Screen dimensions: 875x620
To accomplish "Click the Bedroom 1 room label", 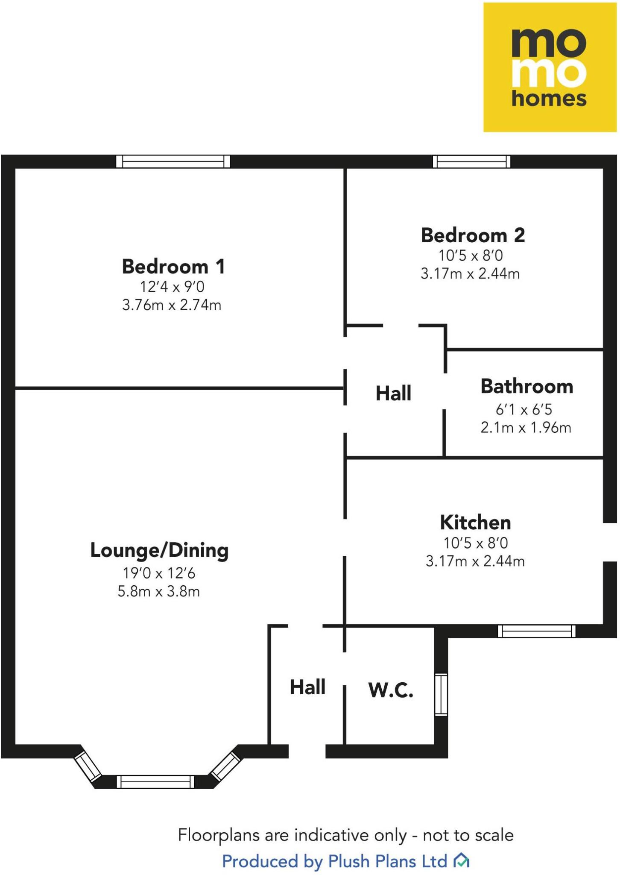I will (x=173, y=267).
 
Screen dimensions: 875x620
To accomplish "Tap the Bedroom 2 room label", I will (x=473, y=235).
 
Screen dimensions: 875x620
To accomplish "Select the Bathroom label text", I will (x=526, y=386).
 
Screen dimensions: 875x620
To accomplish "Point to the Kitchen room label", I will (x=475, y=522).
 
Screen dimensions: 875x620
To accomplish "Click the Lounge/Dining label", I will (x=159, y=550).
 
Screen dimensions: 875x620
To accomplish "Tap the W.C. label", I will (x=391, y=690).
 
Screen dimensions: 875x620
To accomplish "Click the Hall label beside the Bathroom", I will (x=393, y=393).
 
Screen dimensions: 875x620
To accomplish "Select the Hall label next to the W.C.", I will (x=307, y=687).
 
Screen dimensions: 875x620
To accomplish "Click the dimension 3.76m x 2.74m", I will (x=172, y=305).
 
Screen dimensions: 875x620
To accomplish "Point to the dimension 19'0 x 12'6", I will (x=159, y=573).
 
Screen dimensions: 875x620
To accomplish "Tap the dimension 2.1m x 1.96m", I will (x=526, y=427).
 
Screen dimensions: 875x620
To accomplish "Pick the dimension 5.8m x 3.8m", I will (x=159, y=591).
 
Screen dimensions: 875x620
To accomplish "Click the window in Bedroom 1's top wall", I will (x=173, y=161).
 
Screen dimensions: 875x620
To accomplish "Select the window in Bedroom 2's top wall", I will (x=471, y=161).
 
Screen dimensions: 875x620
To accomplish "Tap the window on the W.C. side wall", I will (x=441, y=694).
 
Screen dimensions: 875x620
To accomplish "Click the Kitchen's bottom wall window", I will (x=537, y=631).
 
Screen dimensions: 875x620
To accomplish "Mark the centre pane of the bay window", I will (x=155, y=782).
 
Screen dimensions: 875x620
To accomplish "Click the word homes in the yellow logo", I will (x=549, y=99).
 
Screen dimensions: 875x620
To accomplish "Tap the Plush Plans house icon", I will (x=461, y=860).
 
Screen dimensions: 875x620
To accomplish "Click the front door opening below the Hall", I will (x=307, y=751).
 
